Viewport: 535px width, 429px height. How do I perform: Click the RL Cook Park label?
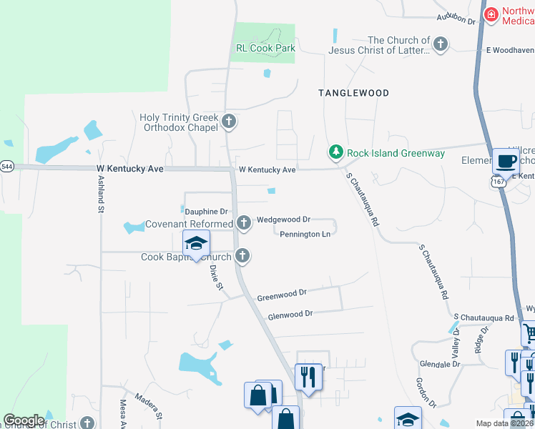pyautogui.click(x=265, y=49)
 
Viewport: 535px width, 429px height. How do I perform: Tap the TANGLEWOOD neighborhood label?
pyautogui.click(x=353, y=94)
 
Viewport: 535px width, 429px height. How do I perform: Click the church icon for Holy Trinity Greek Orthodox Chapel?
pyautogui.click(x=229, y=121)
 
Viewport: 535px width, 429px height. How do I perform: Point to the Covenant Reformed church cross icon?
pyautogui.click(x=244, y=223)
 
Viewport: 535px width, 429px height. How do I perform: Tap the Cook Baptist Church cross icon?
pyautogui.click(x=243, y=255)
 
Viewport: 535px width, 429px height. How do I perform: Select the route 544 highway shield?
pyautogui.click(x=6, y=167)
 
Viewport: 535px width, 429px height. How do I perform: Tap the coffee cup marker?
pyautogui.click(x=506, y=162)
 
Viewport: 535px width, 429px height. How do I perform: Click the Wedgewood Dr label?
pyautogui.click(x=283, y=220)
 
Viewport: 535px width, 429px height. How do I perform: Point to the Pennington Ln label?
pyautogui.click(x=305, y=234)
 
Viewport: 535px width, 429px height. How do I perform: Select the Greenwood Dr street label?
pyautogui.click(x=282, y=294)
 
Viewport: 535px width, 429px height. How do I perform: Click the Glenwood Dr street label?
pyautogui.click(x=290, y=314)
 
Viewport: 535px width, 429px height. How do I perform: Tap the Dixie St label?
pyautogui.click(x=215, y=276)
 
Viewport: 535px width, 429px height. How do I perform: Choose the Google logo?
pyautogui.click(x=24, y=420)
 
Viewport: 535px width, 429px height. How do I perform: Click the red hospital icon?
pyautogui.click(x=491, y=15)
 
